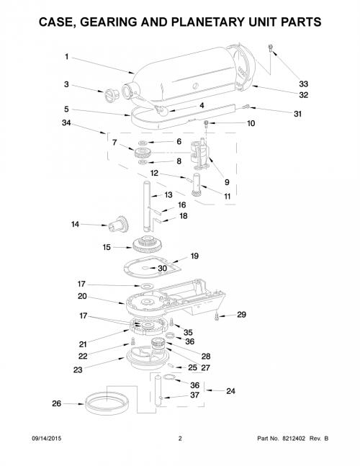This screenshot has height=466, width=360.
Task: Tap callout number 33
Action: click(x=303, y=84)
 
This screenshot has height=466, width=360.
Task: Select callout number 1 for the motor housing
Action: click(x=67, y=56)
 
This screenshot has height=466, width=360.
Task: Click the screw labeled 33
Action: click(x=270, y=48)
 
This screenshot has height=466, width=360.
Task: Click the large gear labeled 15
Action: click(x=148, y=244)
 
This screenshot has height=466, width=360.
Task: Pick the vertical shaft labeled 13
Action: click(x=147, y=206)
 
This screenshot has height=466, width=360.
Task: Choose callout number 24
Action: click(x=230, y=391)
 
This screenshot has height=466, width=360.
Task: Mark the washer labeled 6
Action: click(x=143, y=143)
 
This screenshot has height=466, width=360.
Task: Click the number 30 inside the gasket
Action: click(x=162, y=269)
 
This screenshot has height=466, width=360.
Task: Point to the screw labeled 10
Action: click(x=205, y=124)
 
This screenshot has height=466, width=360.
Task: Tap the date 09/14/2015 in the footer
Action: click(x=47, y=439)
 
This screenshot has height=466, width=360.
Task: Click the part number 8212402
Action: click(x=294, y=439)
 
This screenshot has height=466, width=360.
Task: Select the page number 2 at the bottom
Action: click(x=180, y=439)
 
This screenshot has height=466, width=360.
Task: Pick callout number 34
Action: click(x=66, y=122)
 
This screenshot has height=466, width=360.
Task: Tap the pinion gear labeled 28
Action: click(x=157, y=344)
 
